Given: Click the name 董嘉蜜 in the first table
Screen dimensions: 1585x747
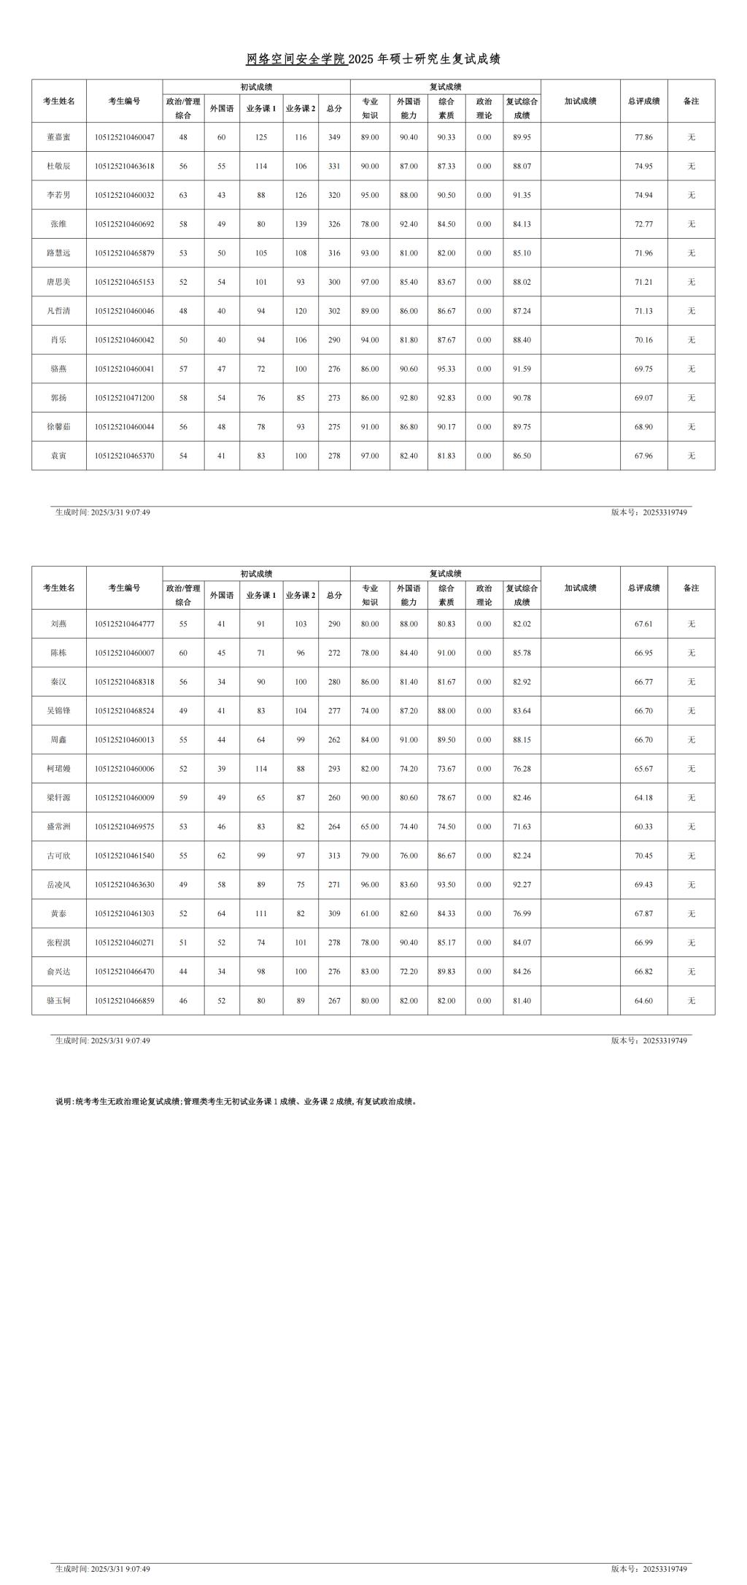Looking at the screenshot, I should pos(58,137).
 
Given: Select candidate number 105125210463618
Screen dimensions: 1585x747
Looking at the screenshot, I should pos(124,166).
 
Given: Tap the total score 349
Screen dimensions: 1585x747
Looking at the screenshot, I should pos(334,137).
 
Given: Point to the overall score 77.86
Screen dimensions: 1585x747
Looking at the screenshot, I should pos(643,137).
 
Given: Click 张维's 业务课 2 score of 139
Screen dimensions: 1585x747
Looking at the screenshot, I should pos(301,224).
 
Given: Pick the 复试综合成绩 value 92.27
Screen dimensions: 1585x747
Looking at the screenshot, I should pos(522,885).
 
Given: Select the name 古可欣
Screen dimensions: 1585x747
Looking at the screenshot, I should pos(58,856).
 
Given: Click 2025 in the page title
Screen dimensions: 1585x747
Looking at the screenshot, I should pos(360,60).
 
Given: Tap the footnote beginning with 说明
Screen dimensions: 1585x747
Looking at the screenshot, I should pos(236,1102).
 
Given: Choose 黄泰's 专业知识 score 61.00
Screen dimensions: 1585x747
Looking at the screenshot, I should pos(370,914).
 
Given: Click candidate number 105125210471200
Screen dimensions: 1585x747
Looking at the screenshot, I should pos(124,398).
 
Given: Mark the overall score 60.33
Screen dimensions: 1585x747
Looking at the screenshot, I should pos(643,827).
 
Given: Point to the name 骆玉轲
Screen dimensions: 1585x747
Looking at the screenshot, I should pos(58,1001).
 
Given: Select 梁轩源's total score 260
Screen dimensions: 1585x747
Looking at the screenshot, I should pos(334,798).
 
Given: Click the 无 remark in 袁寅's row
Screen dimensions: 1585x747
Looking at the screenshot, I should pos(691,456).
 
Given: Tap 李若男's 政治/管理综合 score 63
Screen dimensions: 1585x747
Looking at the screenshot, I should pos(183,196).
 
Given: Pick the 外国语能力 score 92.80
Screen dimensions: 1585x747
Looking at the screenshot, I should pos(409,398).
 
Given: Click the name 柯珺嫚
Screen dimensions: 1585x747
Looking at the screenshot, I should pos(58,769).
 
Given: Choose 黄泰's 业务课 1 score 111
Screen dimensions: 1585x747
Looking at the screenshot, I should pos(261,914).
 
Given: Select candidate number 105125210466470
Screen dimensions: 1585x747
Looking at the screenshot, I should pos(124,972).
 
